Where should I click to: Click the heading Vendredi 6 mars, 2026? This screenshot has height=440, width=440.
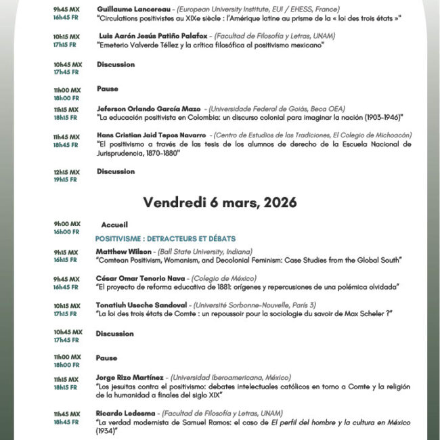[x=220, y=202]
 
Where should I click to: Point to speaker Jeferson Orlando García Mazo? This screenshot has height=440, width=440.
[x=149, y=108]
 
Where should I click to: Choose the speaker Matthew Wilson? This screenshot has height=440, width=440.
[x=123, y=250]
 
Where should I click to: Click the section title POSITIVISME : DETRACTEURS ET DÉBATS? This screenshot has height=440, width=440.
[x=165, y=239]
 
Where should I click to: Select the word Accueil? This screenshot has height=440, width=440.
[x=114, y=225]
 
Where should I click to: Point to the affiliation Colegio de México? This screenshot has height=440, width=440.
[x=224, y=278]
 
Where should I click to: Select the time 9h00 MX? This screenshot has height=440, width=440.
[x=67, y=223]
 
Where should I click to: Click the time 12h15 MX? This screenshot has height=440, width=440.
[x=68, y=172]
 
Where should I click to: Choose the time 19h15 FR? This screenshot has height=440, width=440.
[x=66, y=180]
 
